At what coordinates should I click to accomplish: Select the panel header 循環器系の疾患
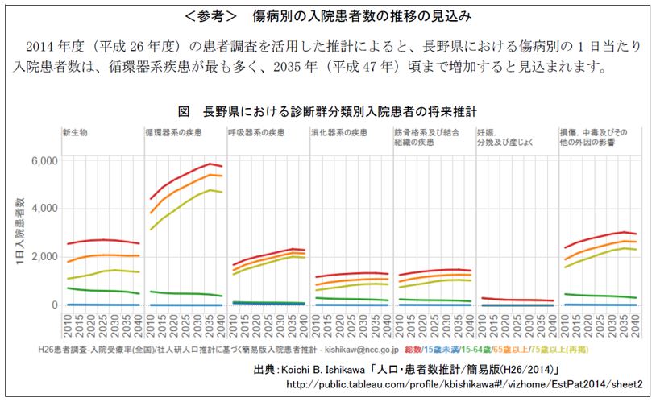[x=172, y=131]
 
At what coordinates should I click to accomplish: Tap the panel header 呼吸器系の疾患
[x=255, y=131]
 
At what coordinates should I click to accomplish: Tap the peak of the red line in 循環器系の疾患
[x=210, y=164]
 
